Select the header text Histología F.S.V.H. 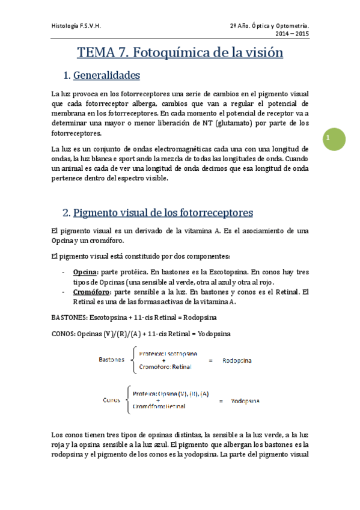click(x=76, y=26)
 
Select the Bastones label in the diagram click(x=112, y=360)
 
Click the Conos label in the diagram click(x=112, y=400)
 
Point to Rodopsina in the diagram click(x=237, y=361)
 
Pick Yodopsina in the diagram click(x=245, y=401)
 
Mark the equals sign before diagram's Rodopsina click(x=210, y=361)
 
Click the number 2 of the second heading click(x=65, y=213)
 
